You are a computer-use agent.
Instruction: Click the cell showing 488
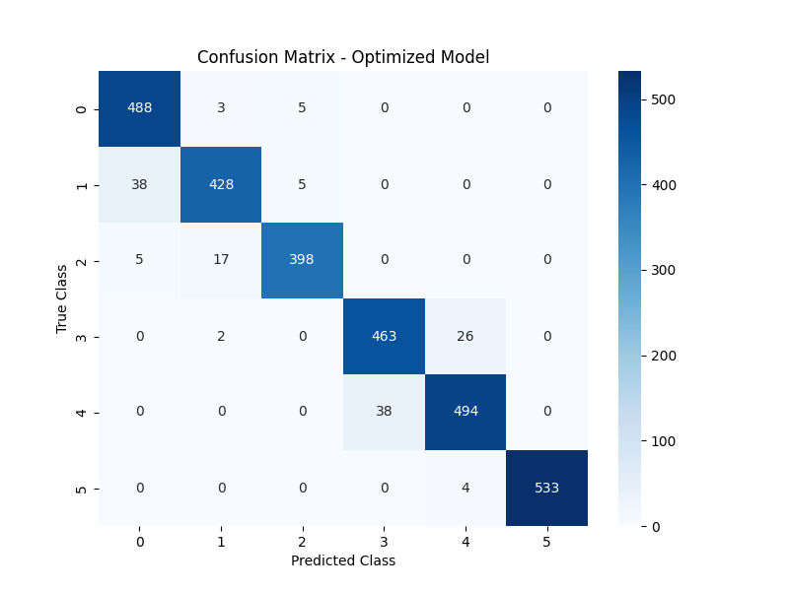point(139,109)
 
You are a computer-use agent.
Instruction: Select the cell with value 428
point(221,184)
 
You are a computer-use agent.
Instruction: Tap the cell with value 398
point(302,260)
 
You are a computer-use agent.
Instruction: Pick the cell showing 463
point(384,336)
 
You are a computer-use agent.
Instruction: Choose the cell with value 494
point(466,411)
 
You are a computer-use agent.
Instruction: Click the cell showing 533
point(546,487)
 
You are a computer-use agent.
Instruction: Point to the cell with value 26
point(466,336)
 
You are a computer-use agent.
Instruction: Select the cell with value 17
point(221,260)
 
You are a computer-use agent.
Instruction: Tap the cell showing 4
point(466,487)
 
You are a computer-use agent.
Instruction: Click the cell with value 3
point(221,109)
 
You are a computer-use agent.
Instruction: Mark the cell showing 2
point(221,336)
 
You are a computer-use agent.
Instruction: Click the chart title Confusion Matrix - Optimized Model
point(343,57)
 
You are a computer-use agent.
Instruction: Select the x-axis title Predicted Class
point(343,560)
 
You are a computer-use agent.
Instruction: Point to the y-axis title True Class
point(62,297)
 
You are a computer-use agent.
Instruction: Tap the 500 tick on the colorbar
point(663,99)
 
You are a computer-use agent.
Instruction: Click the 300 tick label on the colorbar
point(663,270)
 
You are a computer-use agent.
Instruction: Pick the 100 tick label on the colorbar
point(663,440)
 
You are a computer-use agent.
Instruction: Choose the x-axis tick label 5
point(546,541)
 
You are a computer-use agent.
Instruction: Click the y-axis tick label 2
point(81,260)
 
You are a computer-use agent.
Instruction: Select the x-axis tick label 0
point(139,541)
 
